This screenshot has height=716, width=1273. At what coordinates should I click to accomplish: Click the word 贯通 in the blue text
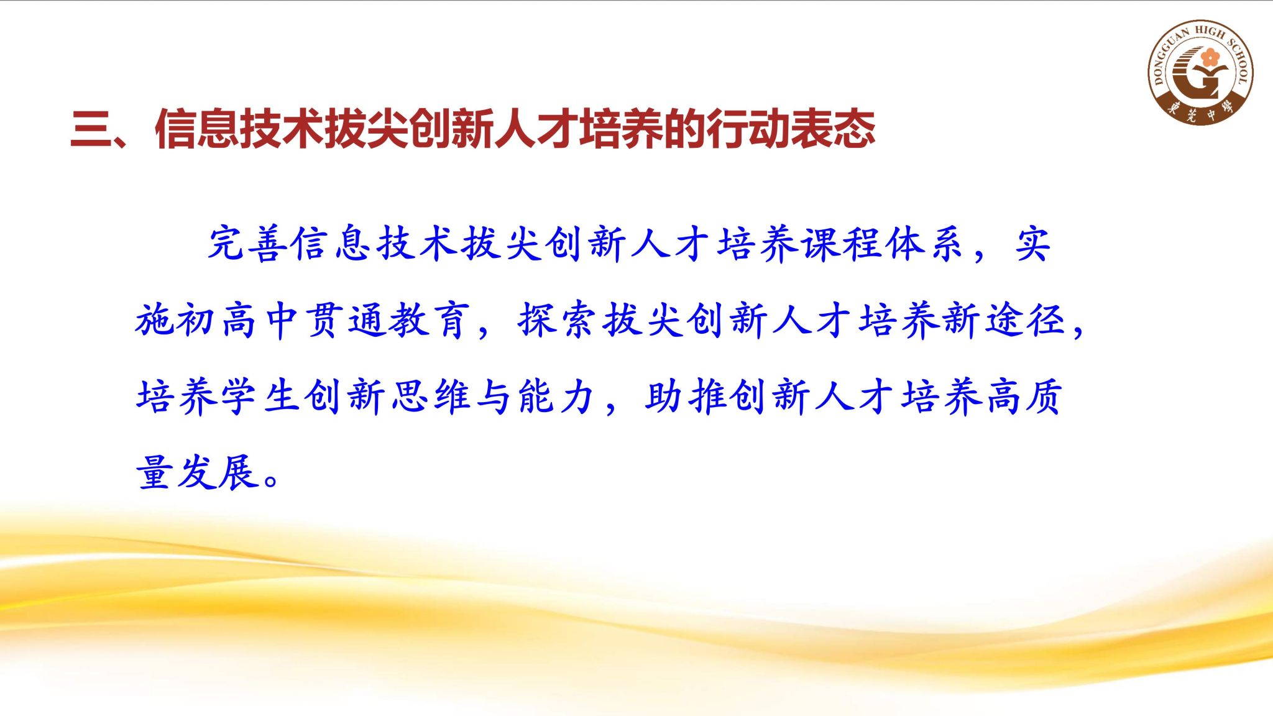[x=347, y=321]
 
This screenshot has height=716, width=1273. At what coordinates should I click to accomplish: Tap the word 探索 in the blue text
[x=559, y=321]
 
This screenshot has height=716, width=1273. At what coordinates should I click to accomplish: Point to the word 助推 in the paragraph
[x=686, y=397]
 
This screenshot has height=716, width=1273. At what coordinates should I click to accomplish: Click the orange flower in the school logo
[x=1210, y=58]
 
